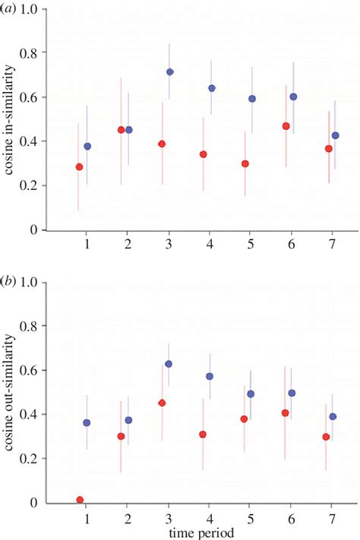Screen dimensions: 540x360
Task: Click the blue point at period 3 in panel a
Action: point(170,72)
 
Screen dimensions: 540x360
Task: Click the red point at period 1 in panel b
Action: point(80,500)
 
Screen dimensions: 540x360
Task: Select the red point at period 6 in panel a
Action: point(286,126)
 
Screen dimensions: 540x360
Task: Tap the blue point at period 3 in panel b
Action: point(169,364)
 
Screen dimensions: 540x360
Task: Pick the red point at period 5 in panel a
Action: point(245,163)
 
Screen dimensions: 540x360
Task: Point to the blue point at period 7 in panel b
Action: point(333,416)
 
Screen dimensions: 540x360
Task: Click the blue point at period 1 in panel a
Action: point(87,146)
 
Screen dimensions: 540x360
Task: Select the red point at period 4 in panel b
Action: point(204,434)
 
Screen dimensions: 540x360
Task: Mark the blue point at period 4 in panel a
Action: point(212,88)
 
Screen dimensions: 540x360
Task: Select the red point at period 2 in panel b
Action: point(121,436)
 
